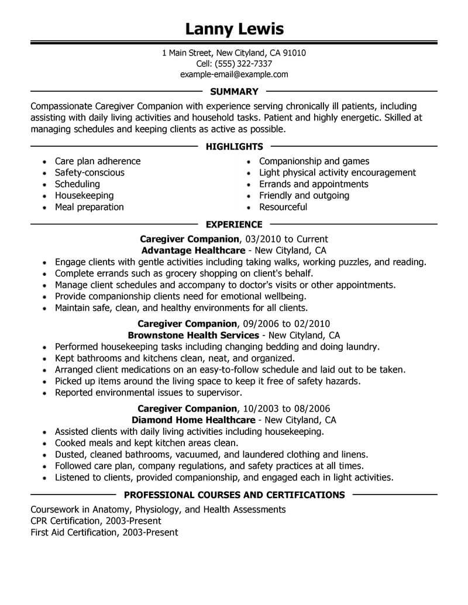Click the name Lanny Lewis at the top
point(233,29)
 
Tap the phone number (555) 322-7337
point(243,64)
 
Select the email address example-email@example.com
point(233,75)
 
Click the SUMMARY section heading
point(233,92)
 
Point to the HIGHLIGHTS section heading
point(234,147)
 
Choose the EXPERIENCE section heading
point(234,224)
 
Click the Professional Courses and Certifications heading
point(234,495)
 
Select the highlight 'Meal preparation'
point(89,207)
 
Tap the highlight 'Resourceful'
point(283,207)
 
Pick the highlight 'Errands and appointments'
point(314,184)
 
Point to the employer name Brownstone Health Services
point(193,336)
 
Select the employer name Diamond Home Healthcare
point(193,420)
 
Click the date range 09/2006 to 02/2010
point(286,324)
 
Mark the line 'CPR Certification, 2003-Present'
point(95,521)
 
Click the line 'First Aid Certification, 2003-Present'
point(104,533)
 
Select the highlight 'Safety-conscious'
point(90,173)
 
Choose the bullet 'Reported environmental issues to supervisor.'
point(148,392)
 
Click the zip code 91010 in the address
point(293,53)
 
